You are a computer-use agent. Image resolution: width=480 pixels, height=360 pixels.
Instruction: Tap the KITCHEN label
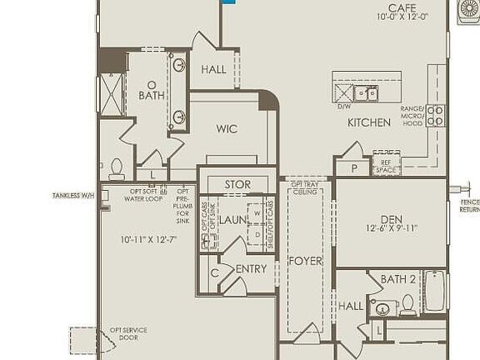pyautogui.click(x=369, y=122)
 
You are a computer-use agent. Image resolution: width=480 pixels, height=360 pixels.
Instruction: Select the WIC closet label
pyautogui.click(x=227, y=129)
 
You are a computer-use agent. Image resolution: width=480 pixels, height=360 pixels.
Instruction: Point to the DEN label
pyautogui.click(x=392, y=219)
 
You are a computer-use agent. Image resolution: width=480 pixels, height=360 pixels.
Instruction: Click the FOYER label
pyautogui.click(x=305, y=261)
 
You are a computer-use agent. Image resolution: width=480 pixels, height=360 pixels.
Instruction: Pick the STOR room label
pyautogui.click(x=237, y=184)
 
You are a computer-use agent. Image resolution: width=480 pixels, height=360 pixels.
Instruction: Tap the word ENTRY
pyautogui.click(x=251, y=269)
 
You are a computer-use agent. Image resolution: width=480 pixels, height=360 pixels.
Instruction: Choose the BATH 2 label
pyautogui.click(x=397, y=279)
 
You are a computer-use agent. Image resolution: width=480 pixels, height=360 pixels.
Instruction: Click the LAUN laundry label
pyautogui.click(x=234, y=220)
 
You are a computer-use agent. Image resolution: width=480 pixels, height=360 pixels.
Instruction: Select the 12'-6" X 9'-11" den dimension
pyautogui.click(x=391, y=229)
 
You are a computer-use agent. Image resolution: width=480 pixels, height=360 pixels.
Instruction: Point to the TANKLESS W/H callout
pyautogui.click(x=73, y=196)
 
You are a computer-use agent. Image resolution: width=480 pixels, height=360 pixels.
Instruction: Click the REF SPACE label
pyautogui.click(x=385, y=167)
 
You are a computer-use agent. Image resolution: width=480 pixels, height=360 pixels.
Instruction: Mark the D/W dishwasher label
pyautogui.click(x=343, y=107)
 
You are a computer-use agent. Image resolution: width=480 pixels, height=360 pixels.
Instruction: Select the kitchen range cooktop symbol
pyautogui.click(x=436, y=115)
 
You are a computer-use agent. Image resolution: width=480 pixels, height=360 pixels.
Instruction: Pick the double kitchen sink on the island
pyautogui.click(x=364, y=92)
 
